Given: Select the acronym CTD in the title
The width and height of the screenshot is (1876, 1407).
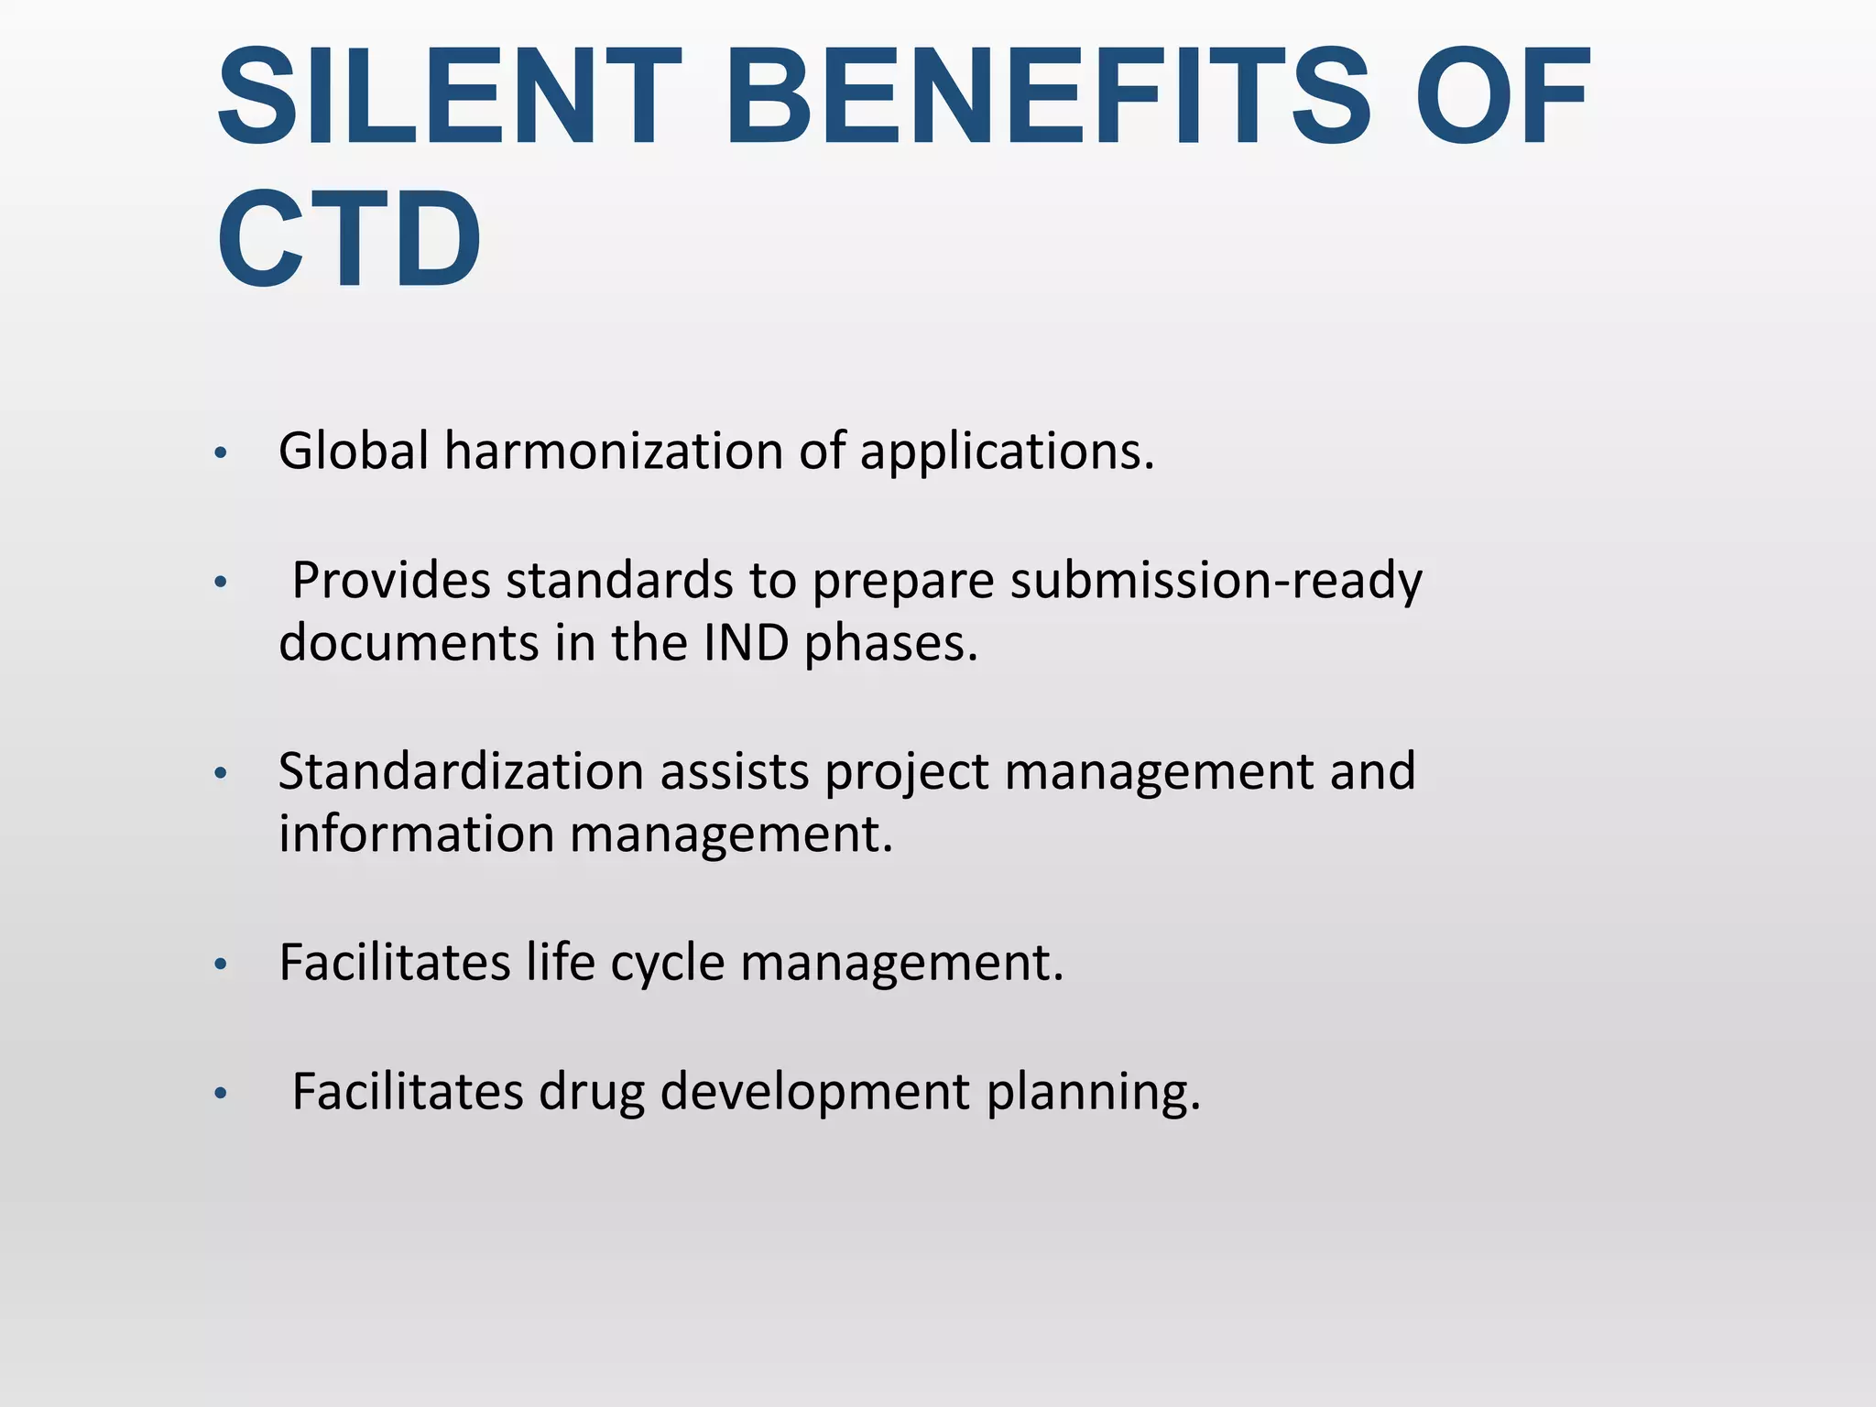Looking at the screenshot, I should pyautogui.click(x=349, y=239).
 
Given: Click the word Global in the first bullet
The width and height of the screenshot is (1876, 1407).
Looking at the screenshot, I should pyautogui.click(x=354, y=451).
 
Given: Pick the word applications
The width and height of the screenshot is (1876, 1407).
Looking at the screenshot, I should pyautogui.click(x=1007, y=453).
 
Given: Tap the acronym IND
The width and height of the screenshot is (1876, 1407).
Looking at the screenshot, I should pyautogui.click(x=746, y=643).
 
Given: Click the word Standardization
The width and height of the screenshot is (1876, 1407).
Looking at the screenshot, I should pyautogui.click(x=462, y=771).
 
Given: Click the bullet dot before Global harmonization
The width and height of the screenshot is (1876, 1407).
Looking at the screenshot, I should pyautogui.click(x=220, y=453).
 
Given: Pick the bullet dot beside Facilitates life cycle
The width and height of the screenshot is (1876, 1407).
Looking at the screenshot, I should pyautogui.click(x=220, y=965).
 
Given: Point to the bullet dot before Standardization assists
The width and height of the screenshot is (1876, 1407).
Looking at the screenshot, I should pyautogui.click(x=220, y=774).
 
